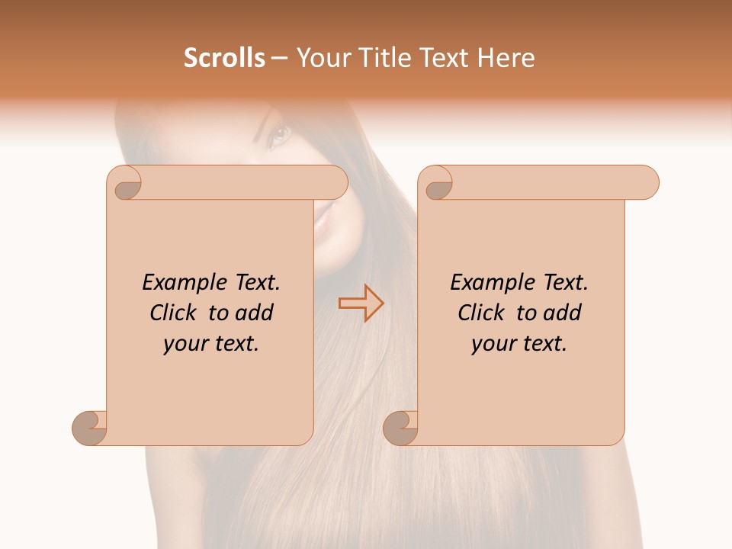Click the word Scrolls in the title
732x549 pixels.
[x=224, y=58]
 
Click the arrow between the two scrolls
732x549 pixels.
[x=361, y=303]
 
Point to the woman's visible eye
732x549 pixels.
[x=280, y=136]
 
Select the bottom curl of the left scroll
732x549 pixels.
[x=90, y=428]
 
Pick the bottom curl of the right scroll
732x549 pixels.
[x=401, y=428]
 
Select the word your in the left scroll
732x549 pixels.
[x=186, y=344]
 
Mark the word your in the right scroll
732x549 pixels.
[x=494, y=344]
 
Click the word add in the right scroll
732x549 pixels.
[x=563, y=313]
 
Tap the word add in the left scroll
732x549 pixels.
[x=255, y=313]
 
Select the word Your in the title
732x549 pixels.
[x=319, y=58]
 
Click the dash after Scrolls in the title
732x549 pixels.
[x=279, y=58]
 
